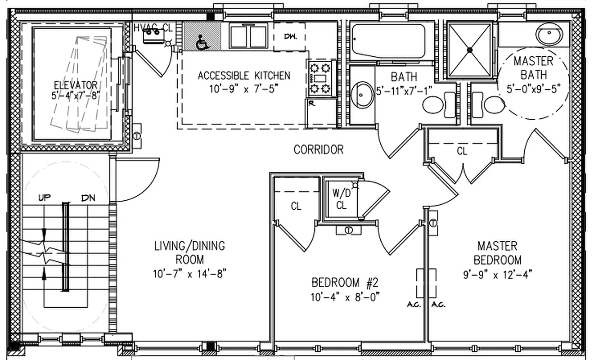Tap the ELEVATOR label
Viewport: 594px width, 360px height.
[75, 85]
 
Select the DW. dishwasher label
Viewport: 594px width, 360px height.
[290, 36]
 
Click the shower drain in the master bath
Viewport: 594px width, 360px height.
[469, 49]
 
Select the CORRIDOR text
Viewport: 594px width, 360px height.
[319, 149]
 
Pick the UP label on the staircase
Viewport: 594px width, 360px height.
[44, 198]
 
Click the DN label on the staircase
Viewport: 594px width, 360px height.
[88, 198]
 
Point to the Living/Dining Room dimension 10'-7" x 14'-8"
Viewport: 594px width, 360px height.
[189, 273]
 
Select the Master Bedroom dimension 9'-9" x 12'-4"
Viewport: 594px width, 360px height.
[497, 274]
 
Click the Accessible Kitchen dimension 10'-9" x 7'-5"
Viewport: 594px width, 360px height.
[243, 89]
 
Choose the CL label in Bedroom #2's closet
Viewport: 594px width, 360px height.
[296, 207]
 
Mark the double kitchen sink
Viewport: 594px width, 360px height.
[248, 36]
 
